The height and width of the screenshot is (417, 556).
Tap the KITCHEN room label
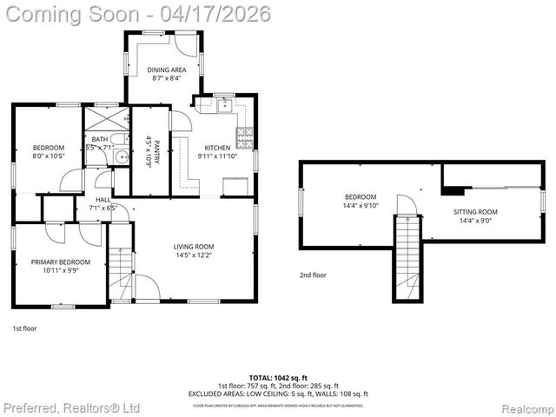[217, 147]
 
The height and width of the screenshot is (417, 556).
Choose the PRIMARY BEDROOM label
[60, 261]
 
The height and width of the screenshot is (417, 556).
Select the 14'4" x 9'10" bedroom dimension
[361, 206]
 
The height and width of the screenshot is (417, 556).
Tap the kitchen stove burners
[246, 137]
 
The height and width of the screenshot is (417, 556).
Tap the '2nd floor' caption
[312, 275]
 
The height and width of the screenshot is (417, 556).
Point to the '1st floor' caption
[24, 328]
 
